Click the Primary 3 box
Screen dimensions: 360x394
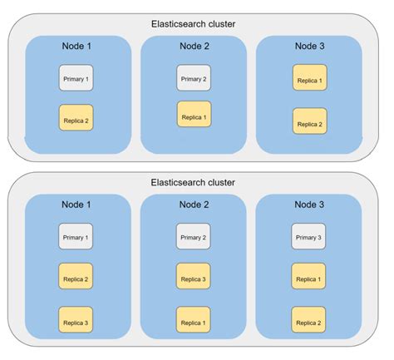pyautogui.click(x=309, y=238)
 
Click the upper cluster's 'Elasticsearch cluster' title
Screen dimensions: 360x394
pyautogui.click(x=193, y=23)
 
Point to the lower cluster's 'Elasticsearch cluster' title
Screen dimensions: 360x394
pyautogui.click(x=193, y=182)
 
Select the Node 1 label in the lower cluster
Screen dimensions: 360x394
pyautogui.click(x=76, y=204)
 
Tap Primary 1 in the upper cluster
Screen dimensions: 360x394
pyautogui.click(x=76, y=79)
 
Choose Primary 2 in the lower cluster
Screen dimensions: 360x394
pyautogui.click(x=193, y=238)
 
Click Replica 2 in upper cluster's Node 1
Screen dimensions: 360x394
pyautogui.click(x=76, y=121)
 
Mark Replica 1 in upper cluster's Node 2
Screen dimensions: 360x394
pyautogui.click(x=193, y=114)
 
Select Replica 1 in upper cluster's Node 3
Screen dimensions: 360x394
pyautogui.click(x=309, y=79)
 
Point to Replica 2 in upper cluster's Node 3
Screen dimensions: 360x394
pyautogui.click(x=309, y=123)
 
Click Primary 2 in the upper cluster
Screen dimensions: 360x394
pyautogui.click(x=193, y=79)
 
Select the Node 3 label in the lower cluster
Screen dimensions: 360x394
pyautogui.click(x=309, y=204)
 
